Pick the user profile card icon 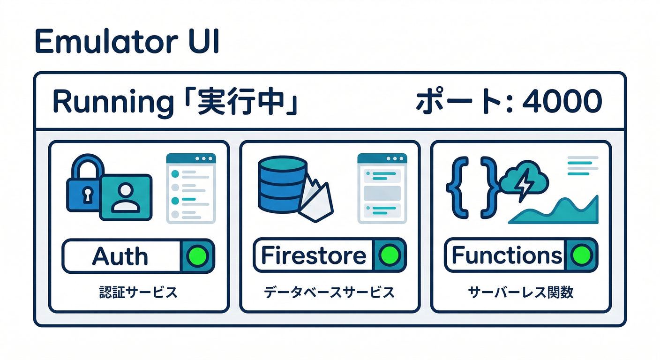tap(125, 197)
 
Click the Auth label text tap(120, 256)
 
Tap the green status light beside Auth tap(197, 255)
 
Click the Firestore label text tap(313, 255)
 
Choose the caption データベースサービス tap(329, 293)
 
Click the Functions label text tap(506, 255)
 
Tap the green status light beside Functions tap(581, 255)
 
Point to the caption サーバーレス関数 tap(521, 293)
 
